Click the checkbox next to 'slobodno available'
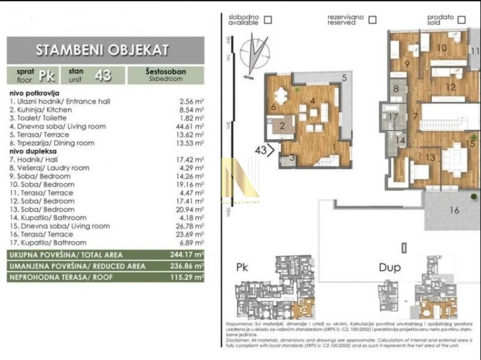point(268,19)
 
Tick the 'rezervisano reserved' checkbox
point(372,19)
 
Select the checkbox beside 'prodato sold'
point(462,19)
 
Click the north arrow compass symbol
point(254,54)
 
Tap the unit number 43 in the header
point(103,75)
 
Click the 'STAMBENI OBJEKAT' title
point(102,50)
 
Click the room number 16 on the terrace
point(454,210)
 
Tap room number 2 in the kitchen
point(282,126)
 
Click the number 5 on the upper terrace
point(344,78)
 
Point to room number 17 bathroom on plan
point(393,117)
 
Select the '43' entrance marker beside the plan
point(265,151)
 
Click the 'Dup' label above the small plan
point(390,267)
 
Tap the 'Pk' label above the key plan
point(242,267)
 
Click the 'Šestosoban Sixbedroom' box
point(166,75)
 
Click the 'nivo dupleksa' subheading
point(33,151)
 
